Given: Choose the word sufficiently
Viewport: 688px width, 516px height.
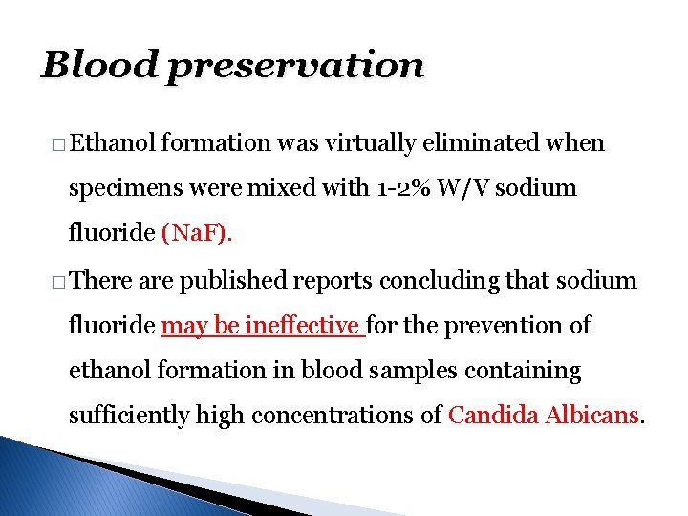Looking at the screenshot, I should coord(129,415).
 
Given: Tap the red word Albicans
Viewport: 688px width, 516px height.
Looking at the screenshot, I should coord(592,415).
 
